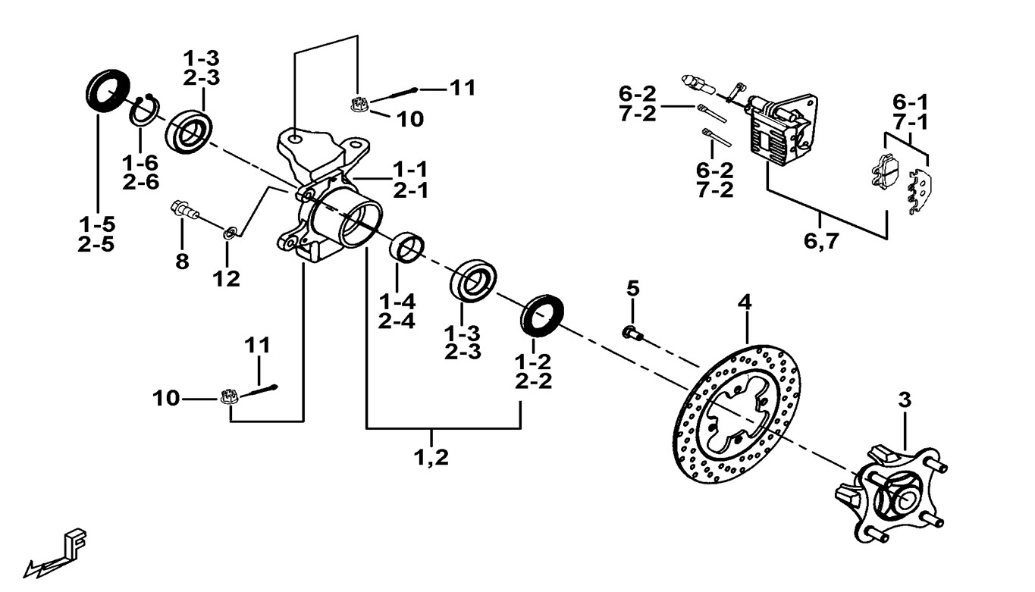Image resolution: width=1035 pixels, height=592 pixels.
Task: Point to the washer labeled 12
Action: pos(228,230)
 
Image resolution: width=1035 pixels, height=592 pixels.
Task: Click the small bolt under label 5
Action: pos(632,331)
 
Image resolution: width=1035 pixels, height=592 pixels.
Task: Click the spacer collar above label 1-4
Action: pos(407,247)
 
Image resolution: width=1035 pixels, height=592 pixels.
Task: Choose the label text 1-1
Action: pos(410,168)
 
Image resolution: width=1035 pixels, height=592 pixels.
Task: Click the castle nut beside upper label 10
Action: pos(359,104)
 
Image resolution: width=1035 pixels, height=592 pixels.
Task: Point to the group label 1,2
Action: pos(431,457)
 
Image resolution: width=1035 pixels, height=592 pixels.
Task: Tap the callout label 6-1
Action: pos(910,102)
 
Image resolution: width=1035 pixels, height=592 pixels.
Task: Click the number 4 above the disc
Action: pos(745,302)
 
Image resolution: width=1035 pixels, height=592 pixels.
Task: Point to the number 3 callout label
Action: pos(904,399)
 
